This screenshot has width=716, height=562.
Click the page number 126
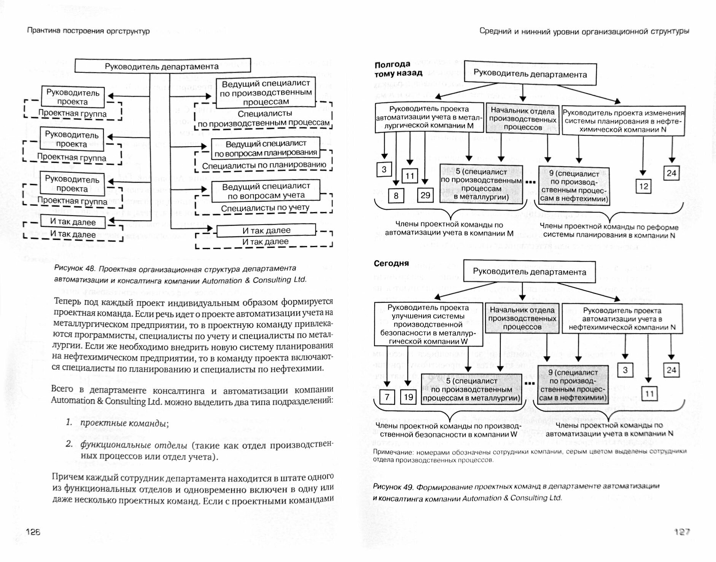(33, 532)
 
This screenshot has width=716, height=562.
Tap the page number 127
(682, 532)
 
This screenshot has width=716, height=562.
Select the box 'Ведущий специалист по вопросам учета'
(266, 191)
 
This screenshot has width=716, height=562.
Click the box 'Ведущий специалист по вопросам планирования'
(266, 148)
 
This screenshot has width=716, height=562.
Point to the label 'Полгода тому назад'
(398, 69)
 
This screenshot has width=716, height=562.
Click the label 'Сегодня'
(391, 263)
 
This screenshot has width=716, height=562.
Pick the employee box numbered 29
(425, 195)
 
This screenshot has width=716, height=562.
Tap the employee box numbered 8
(396, 196)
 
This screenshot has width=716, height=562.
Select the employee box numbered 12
(643, 186)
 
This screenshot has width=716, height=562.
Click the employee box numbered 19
(408, 397)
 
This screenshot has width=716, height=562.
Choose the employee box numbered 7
(387, 397)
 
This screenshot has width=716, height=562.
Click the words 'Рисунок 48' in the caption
(75, 268)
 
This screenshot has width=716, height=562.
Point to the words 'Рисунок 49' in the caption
(393, 487)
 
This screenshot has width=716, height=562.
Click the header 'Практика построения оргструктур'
(88, 31)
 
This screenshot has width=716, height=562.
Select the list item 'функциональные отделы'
(134, 445)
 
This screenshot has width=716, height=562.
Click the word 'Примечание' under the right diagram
(393, 452)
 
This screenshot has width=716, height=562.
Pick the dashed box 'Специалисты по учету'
(265, 208)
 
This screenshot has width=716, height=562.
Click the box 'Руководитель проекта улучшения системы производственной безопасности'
(428, 324)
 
